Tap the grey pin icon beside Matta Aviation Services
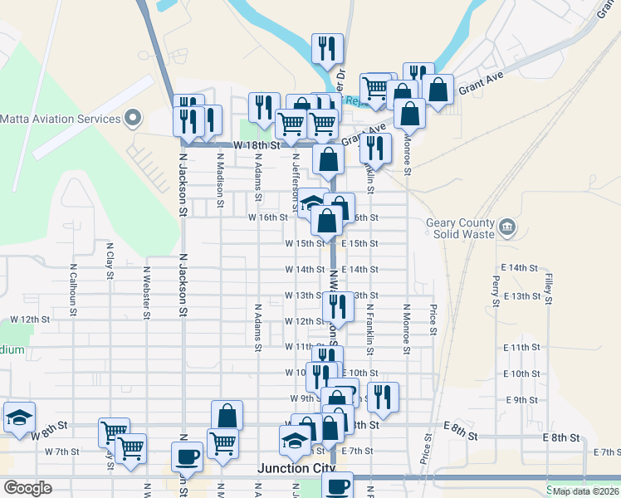click(131, 119)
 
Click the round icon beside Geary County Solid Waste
click(506, 226)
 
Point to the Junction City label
click(294, 468)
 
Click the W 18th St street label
click(254, 144)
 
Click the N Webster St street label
click(146, 292)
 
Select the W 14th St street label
click(305, 270)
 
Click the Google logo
click(27, 488)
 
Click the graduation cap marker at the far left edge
click(18, 417)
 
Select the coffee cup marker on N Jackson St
click(187, 456)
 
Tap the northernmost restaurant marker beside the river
click(327, 48)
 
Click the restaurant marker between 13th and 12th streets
click(338, 306)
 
